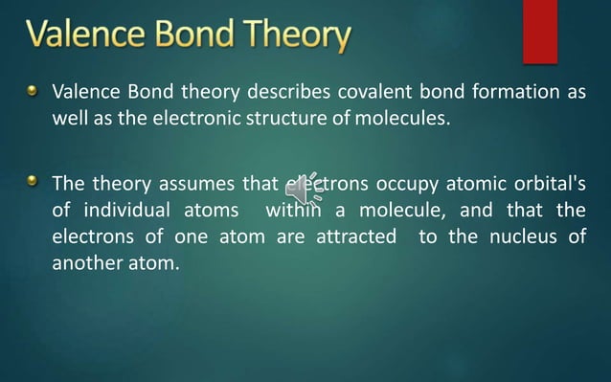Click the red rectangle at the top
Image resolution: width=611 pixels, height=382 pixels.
[539, 31]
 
